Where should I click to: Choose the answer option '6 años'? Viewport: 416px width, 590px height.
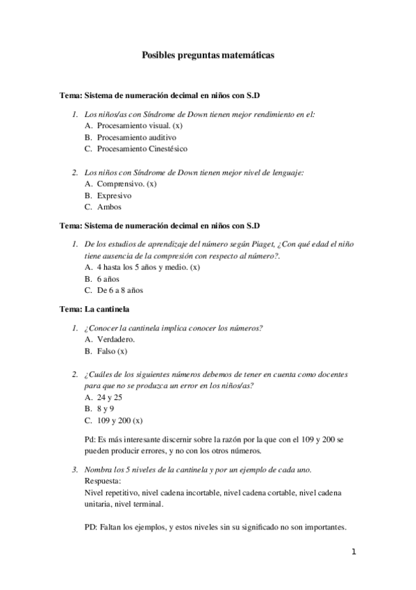[x=109, y=278]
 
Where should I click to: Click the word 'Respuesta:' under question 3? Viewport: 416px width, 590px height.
[x=102, y=480]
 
